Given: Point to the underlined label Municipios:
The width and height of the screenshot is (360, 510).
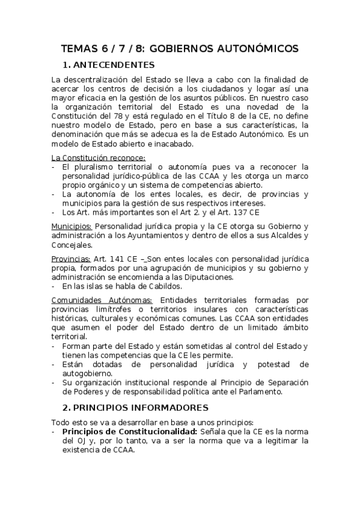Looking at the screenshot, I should [71, 226].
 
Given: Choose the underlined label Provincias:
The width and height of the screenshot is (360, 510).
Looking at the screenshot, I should [71, 257].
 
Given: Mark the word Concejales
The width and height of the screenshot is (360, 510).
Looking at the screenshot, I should [72, 245].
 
